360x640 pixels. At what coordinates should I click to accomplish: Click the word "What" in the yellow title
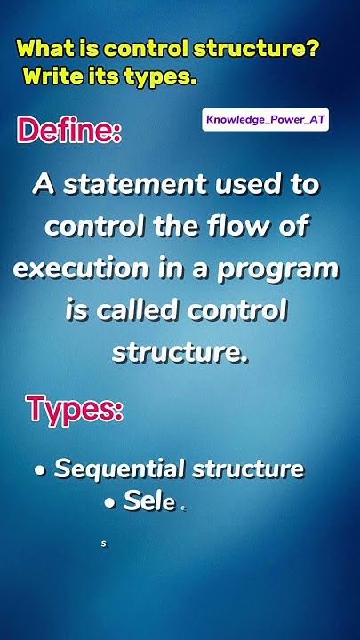[x=44, y=48]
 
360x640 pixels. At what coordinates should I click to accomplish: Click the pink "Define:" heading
[x=69, y=132]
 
